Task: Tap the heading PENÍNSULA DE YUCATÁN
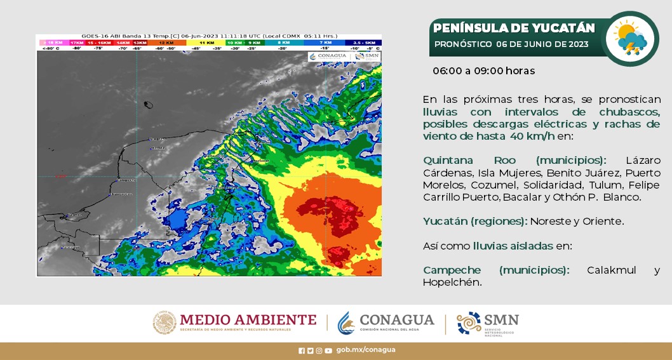pyautogui.click(x=515, y=28)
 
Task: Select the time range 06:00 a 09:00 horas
pyautogui.click(x=484, y=70)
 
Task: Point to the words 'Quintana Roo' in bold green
pyautogui.click(x=450, y=160)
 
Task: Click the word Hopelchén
pyautogui.click(x=452, y=282)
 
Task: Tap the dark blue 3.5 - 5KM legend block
pyautogui.click(x=363, y=43)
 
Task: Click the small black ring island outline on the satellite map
pyautogui.click(x=149, y=105)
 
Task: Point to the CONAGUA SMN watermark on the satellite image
pyautogui.click(x=344, y=56)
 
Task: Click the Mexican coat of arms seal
pyautogui.click(x=165, y=323)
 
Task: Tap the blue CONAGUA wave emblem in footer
pyautogui.click(x=346, y=323)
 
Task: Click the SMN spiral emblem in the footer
pyautogui.click(x=469, y=323)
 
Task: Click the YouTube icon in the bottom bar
pyautogui.click(x=328, y=350)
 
